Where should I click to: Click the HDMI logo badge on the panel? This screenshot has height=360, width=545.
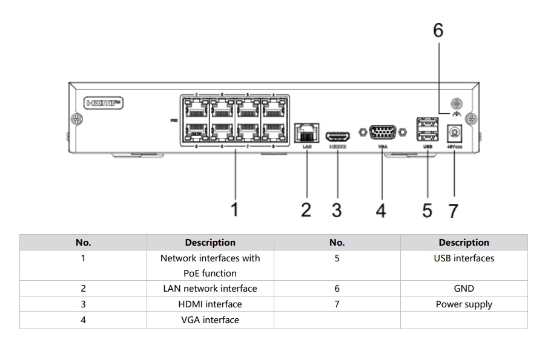(x=104, y=103)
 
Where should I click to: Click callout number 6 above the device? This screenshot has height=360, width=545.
(x=438, y=31)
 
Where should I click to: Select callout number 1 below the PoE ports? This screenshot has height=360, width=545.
(x=235, y=210)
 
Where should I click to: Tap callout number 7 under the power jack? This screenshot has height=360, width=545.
(x=453, y=211)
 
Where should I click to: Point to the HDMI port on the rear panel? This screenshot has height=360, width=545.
(x=337, y=135)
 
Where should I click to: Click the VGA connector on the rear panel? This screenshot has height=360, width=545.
(x=382, y=133)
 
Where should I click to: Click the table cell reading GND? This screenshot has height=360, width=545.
(x=463, y=289)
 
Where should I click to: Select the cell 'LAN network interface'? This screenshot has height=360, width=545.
(x=210, y=289)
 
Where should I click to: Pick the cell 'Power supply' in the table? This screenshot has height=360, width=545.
(x=463, y=304)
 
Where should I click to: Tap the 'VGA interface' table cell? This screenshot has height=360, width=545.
(x=210, y=320)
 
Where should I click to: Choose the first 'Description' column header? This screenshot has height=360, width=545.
(x=210, y=243)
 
